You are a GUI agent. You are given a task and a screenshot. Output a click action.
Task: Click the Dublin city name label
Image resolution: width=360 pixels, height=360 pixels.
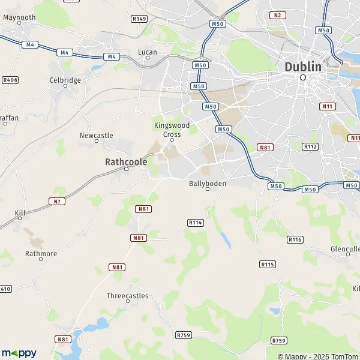[x=303, y=67]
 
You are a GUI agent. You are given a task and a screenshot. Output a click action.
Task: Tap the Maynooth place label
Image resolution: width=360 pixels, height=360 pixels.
[x=19, y=18]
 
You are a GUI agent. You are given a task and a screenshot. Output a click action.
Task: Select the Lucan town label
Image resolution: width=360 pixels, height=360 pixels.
[x=148, y=52]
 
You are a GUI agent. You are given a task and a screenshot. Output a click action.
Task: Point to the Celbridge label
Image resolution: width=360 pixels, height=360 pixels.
[x=65, y=80]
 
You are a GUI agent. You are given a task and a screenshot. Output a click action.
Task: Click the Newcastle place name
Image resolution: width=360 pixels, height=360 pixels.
[x=96, y=136]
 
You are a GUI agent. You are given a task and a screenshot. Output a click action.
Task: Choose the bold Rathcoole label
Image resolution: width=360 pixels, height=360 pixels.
[x=125, y=161]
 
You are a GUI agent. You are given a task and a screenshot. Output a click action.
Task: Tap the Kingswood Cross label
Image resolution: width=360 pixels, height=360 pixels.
[x=172, y=130]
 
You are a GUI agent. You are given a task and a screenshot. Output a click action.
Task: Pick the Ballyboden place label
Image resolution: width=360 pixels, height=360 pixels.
[x=208, y=184]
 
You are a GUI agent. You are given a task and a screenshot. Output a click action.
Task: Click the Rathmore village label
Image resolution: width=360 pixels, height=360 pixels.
[x=41, y=254]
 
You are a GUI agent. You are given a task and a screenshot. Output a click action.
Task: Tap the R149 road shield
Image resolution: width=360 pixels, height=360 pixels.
[x=139, y=19]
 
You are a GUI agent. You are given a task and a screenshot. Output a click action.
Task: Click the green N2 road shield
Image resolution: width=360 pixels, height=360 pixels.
[x=277, y=14]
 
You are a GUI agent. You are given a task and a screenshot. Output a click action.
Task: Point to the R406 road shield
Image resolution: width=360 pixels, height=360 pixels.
[x=10, y=79]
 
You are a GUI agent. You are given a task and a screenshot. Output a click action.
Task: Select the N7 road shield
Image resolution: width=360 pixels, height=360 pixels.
[x=57, y=201]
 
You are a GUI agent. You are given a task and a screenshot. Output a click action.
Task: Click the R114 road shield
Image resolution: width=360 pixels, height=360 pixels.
[x=196, y=222]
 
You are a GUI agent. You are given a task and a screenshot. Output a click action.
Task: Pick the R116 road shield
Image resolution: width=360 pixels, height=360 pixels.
[x=295, y=239]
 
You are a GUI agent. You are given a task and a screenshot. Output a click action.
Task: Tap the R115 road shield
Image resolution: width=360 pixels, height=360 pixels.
[x=267, y=264]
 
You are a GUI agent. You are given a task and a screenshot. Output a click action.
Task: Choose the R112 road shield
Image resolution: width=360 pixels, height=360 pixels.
[x=310, y=146]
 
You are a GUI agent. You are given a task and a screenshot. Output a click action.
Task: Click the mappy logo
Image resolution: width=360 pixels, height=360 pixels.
[x=19, y=353]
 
